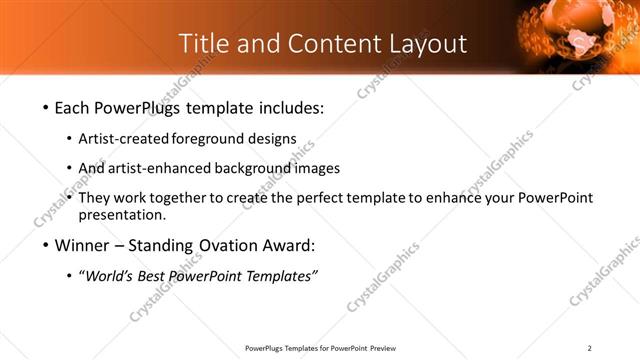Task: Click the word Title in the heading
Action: [x=202, y=44]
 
